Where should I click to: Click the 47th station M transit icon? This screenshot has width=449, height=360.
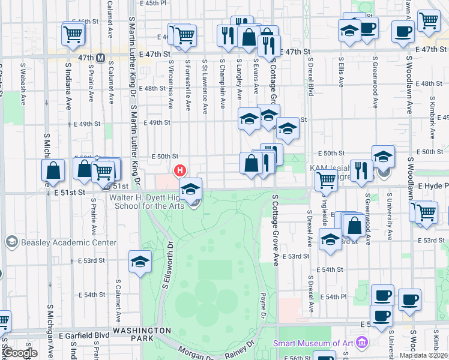[x=101, y=58]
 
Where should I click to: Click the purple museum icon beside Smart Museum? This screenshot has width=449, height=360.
[x=361, y=343]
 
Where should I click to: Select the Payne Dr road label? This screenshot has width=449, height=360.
[x=263, y=305]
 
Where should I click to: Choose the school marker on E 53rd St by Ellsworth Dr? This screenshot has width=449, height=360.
[x=140, y=262]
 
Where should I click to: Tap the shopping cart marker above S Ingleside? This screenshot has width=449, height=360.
[x=326, y=179]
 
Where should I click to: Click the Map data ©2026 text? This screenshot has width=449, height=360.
[x=423, y=355]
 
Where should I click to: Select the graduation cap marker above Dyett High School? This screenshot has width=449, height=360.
[x=191, y=190]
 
